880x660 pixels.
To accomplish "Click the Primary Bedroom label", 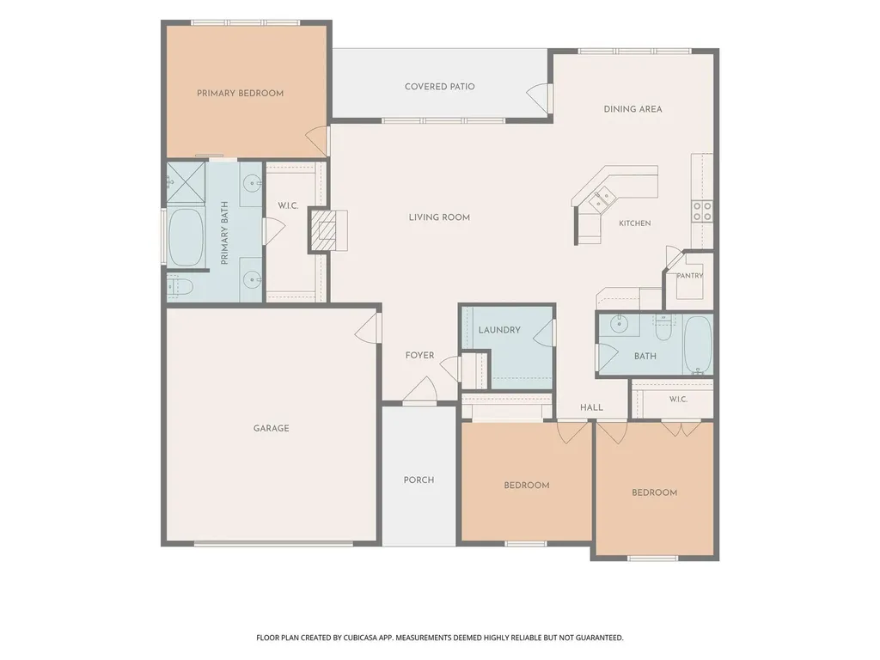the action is pyautogui.click(x=241, y=93).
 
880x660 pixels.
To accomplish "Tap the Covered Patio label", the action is pyautogui.click(x=439, y=87).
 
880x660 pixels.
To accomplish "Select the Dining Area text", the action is pyautogui.click(x=632, y=109).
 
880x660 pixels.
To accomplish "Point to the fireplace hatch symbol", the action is pyautogui.click(x=325, y=230).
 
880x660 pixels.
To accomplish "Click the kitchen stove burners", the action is pyautogui.click(x=702, y=211).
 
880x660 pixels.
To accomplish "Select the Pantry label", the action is pyautogui.click(x=690, y=276).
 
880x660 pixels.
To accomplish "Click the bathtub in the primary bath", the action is pyautogui.click(x=186, y=238).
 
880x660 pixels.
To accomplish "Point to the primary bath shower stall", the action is pyautogui.click(x=186, y=181).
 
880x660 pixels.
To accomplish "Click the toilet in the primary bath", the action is pyautogui.click(x=180, y=287).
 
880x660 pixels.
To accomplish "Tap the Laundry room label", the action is pyautogui.click(x=499, y=330).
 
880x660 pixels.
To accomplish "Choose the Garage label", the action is pyautogui.click(x=271, y=428).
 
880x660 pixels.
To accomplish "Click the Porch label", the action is pyautogui.click(x=419, y=480).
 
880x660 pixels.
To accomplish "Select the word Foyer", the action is pyautogui.click(x=419, y=355).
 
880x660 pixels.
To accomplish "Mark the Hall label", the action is pyautogui.click(x=591, y=407).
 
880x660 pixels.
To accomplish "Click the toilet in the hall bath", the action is pyautogui.click(x=664, y=328).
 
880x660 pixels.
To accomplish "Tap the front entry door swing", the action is pyautogui.click(x=419, y=389).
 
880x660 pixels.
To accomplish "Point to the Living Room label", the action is pyautogui.click(x=439, y=217).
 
